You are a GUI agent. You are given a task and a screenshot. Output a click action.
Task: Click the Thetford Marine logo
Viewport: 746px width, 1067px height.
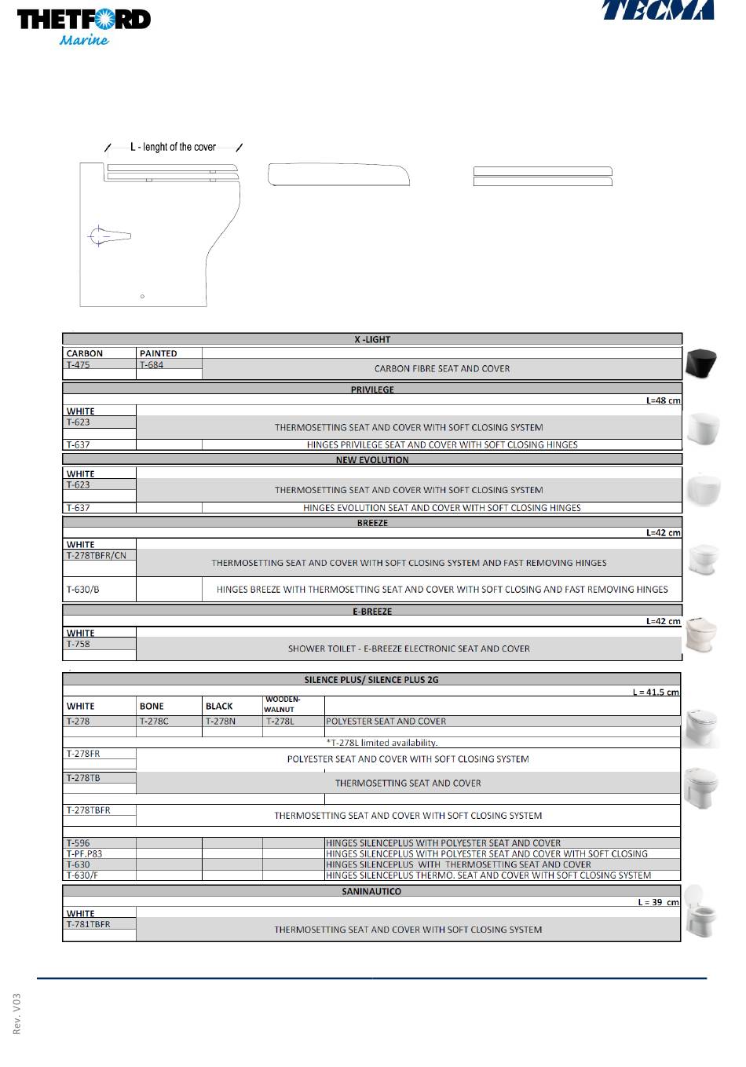pyautogui.click(x=83, y=27)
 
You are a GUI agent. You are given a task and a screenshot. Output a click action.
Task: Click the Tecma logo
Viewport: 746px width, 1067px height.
pyautogui.click(x=658, y=9)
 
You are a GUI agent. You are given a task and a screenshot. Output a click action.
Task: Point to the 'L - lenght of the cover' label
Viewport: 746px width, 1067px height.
pyautogui.click(x=173, y=147)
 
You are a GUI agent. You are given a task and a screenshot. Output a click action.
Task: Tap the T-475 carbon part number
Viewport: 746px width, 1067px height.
pyautogui.click(x=79, y=364)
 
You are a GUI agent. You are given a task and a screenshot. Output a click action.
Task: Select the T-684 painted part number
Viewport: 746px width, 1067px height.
pyautogui.click(x=152, y=364)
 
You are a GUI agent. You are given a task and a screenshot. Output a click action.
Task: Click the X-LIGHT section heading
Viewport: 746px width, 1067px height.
pyautogui.click(x=372, y=339)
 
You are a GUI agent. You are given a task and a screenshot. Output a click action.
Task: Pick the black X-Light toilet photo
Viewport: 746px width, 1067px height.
pyautogui.click(x=701, y=364)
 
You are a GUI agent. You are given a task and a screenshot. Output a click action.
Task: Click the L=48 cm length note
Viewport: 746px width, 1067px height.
pyautogui.click(x=663, y=400)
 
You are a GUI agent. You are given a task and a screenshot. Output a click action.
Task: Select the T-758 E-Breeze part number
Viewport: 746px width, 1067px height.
pyautogui.click(x=79, y=644)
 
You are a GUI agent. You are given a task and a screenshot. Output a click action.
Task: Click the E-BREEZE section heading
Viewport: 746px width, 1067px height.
pyautogui.click(x=372, y=611)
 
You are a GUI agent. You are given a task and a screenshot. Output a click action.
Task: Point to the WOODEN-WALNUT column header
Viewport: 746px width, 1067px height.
pyautogui.click(x=283, y=704)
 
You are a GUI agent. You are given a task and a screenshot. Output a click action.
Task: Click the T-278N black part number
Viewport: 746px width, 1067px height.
pyautogui.click(x=221, y=721)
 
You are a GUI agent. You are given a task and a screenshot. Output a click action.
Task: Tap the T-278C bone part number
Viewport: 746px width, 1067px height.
pyautogui.click(x=154, y=721)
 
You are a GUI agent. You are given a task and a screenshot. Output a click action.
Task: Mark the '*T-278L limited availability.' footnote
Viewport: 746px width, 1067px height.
pyautogui.click(x=382, y=742)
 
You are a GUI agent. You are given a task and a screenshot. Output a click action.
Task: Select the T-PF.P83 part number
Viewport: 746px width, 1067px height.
pyautogui.click(x=84, y=853)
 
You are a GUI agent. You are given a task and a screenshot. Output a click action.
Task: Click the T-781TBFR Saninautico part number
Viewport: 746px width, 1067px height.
pyautogui.click(x=89, y=924)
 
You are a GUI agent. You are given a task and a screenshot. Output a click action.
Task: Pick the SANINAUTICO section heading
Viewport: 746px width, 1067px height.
pyautogui.click(x=371, y=891)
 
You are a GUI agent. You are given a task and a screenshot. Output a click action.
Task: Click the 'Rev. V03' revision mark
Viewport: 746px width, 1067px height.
pyautogui.click(x=17, y=1014)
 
